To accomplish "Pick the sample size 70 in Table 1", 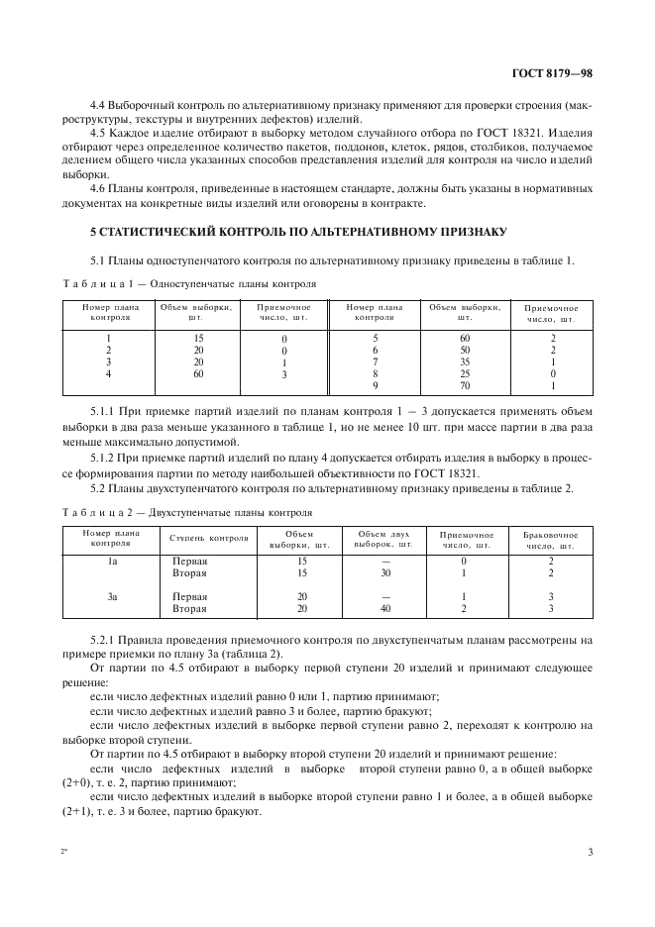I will (x=464, y=385).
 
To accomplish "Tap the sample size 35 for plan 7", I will (x=464, y=361).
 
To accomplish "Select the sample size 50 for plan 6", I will (x=464, y=350).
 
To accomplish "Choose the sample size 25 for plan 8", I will (x=464, y=373).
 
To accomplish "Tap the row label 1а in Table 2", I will (x=112, y=561).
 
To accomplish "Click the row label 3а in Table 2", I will (x=112, y=597).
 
